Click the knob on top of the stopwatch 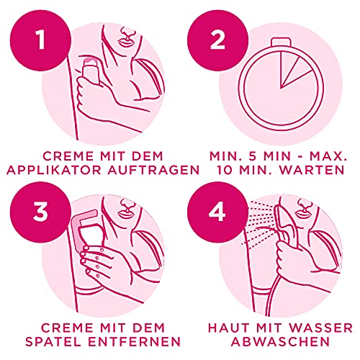pos(270,16)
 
